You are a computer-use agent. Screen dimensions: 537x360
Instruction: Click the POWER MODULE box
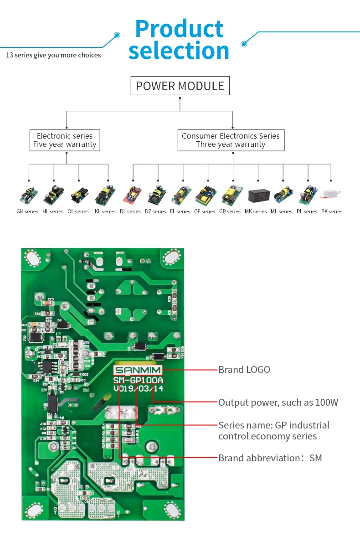(x=180, y=86)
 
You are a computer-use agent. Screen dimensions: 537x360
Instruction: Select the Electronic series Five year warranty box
(x=65, y=140)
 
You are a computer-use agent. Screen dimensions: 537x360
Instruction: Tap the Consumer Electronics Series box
(x=231, y=140)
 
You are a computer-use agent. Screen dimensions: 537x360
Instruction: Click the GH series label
(x=27, y=212)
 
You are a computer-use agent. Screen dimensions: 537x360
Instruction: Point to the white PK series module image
(x=331, y=195)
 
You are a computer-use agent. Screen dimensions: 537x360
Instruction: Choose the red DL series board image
(x=134, y=195)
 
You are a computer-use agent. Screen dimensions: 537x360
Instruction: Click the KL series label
(x=105, y=212)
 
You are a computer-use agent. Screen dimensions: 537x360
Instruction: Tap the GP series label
(x=230, y=212)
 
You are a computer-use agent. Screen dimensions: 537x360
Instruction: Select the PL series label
(x=307, y=212)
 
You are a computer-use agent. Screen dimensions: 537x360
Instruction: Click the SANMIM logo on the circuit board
(x=137, y=370)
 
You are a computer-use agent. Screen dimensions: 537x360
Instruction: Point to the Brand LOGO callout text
(x=244, y=370)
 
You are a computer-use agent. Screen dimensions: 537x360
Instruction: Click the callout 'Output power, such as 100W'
(x=278, y=403)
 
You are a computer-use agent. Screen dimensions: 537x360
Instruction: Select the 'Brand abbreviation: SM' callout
(x=270, y=458)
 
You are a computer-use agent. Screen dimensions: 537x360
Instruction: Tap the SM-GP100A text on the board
(x=138, y=380)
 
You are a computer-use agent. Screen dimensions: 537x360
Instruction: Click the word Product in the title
(x=179, y=28)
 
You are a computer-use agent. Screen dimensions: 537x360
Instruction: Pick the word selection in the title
(x=179, y=51)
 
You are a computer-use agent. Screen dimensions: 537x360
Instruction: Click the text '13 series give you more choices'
(x=53, y=55)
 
